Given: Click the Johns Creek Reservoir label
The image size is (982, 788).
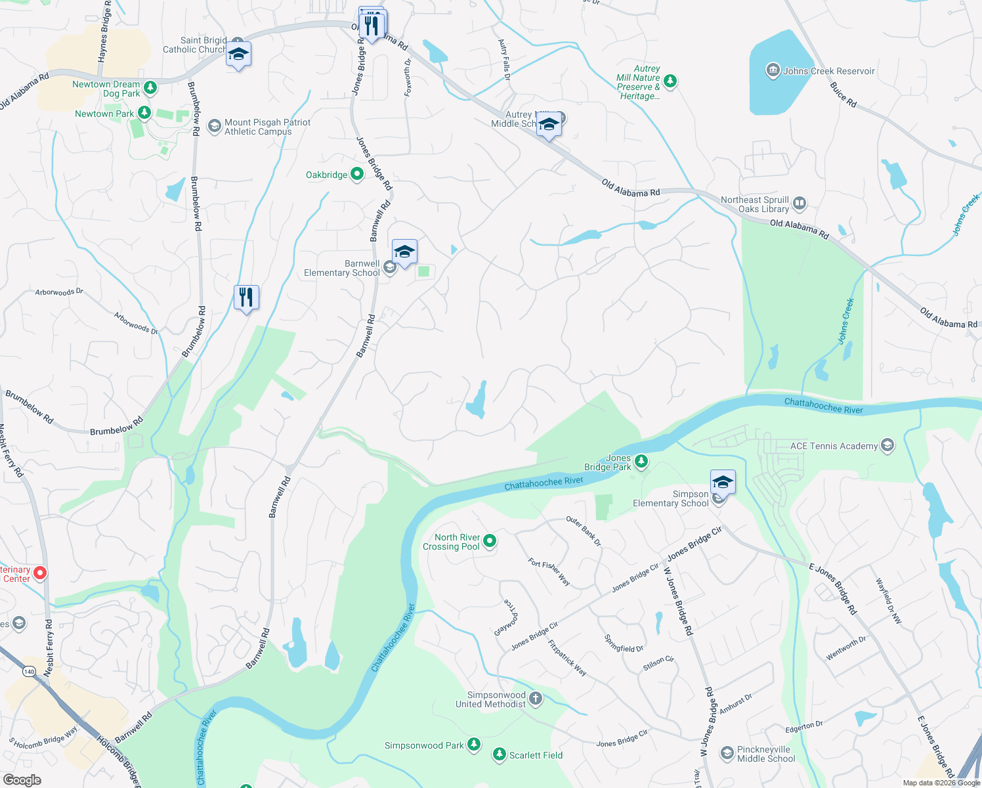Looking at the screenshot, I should tap(828, 71).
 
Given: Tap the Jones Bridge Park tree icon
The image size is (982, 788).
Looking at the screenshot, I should tap(641, 462).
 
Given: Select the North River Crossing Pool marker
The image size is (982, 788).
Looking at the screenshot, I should tap(490, 541).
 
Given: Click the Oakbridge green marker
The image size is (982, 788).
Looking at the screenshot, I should tap(357, 174).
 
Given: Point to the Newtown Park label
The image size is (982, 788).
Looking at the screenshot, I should tap(104, 114).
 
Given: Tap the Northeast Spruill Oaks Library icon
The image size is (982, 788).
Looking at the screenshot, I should tap(800, 203).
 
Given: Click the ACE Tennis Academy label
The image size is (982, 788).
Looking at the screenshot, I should tap(834, 446).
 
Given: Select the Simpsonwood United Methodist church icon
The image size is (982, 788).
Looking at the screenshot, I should tap(536, 698).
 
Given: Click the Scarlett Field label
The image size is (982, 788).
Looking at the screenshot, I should tap(536, 755).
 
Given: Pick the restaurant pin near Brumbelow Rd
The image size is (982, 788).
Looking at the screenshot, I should tap(246, 297).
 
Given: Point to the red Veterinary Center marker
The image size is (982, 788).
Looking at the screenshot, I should tap(40, 573).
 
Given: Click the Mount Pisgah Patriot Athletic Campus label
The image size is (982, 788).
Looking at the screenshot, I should tap(267, 127).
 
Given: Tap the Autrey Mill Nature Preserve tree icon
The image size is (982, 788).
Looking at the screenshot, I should tap(670, 81).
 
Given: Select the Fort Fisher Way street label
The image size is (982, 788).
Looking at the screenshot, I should tap(549, 571).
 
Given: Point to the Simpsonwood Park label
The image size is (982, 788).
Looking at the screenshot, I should tap(423, 745).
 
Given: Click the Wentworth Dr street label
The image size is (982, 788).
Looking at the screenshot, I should tap(845, 648).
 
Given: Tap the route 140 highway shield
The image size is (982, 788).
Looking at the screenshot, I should tap(29, 671).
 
